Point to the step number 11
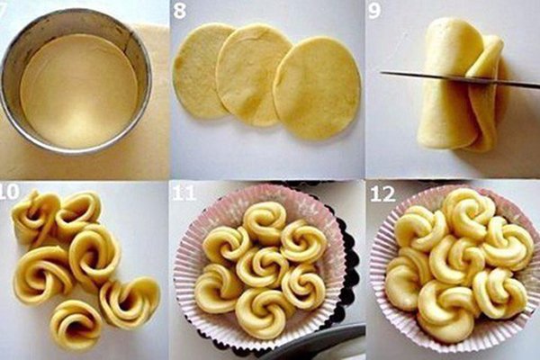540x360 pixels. click(184, 193)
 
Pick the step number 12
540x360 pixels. click(382, 194)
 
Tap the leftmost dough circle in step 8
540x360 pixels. click(200, 70)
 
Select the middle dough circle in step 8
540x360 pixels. click(253, 75)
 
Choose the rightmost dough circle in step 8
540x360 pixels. click(316, 88)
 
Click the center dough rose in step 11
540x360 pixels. click(263, 265)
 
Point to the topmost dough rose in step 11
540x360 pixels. click(265, 222)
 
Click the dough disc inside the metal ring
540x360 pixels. click(78, 91)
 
